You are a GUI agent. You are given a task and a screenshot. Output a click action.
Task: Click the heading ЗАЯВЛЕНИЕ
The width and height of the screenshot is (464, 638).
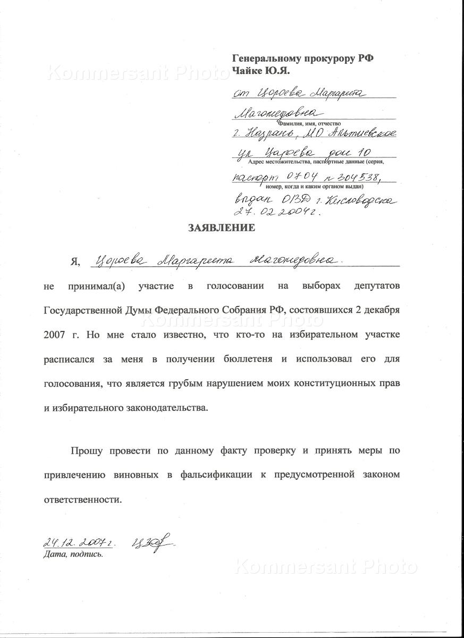pyautogui.click(x=222, y=229)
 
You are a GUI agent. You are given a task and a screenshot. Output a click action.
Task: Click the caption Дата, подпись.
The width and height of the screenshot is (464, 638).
pyautogui.click(x=73, y=555)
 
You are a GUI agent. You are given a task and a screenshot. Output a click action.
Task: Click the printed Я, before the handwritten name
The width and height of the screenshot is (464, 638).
pyautogui.click(x=75, y=262)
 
